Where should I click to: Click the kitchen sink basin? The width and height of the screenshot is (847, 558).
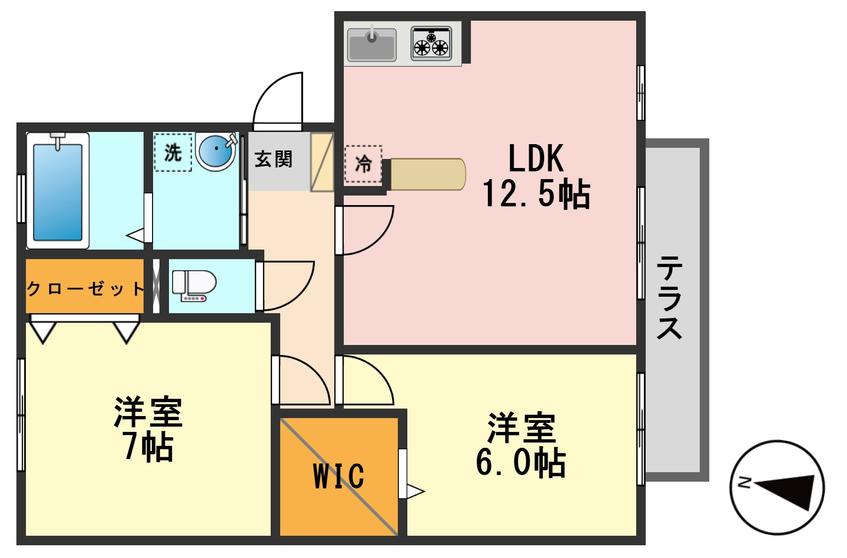click(372, 45)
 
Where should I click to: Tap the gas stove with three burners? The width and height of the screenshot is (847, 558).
click(431, 43)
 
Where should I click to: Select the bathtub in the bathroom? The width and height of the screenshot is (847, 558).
click(58, 191)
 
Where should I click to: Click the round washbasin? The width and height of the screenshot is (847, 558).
click(216, 152)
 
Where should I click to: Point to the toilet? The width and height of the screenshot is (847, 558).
click(194, 286)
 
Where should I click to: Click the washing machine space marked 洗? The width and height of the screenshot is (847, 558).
click(173, 153)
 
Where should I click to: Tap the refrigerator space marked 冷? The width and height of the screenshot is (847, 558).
click(363, 164)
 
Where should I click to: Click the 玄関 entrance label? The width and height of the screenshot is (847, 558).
click(273, 159)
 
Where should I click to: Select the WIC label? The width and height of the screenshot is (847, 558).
click(339, 475)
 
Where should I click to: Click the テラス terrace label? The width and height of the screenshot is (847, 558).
click(669, 297)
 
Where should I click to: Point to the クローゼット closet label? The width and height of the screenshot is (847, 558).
click(85, 289)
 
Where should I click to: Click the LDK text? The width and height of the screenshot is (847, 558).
click(536, 158)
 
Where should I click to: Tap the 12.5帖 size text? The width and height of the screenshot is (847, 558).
click(536, 193)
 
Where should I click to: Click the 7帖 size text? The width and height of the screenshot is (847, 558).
click(149, 446)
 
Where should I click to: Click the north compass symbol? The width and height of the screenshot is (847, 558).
click(777, 488)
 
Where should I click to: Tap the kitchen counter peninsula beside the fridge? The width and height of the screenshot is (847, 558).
click(428, 174)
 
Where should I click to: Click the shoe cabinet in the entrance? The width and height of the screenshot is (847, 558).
click(322, 162)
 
